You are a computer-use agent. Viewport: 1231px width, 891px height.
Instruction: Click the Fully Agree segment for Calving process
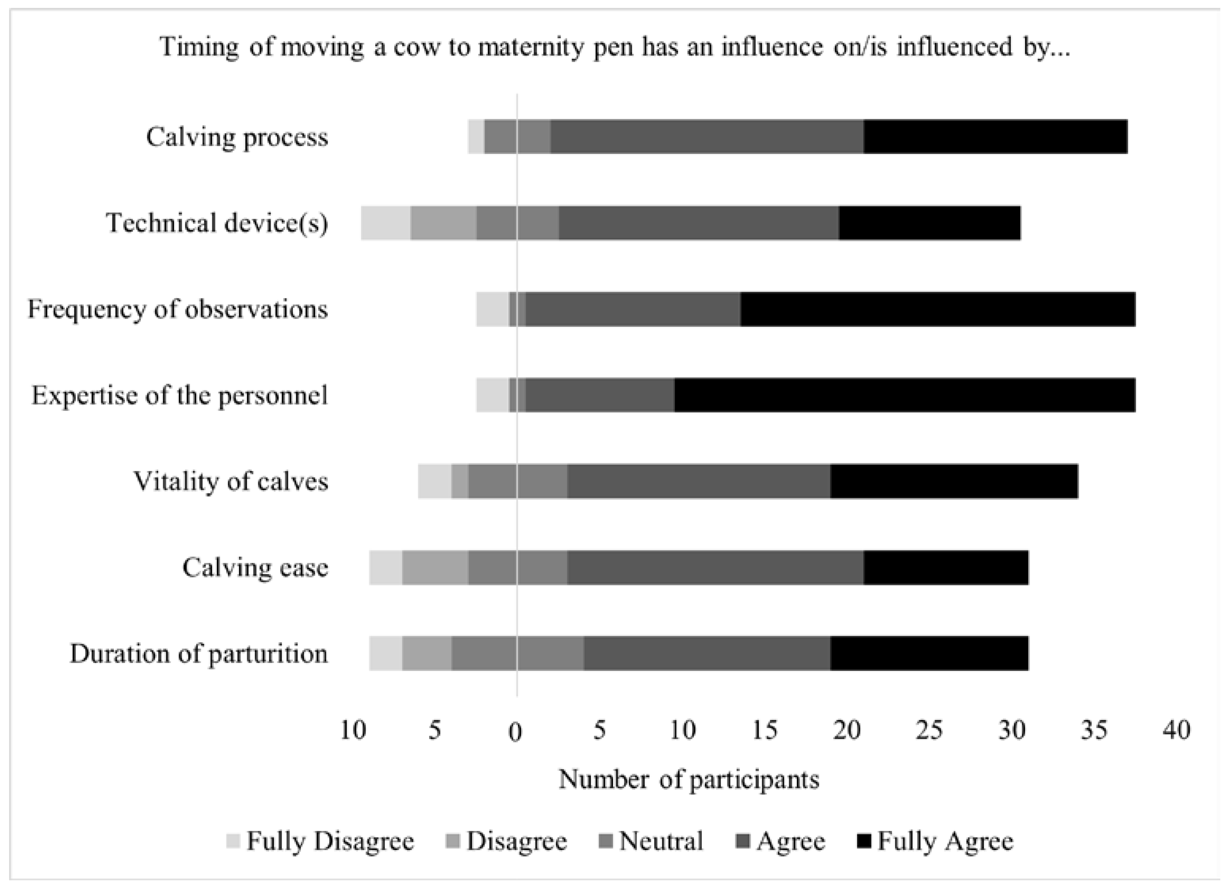click(995, 137)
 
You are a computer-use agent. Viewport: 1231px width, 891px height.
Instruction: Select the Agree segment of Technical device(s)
click(699, 223)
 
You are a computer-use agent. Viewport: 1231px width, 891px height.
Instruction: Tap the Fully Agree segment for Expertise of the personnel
click(905, 395)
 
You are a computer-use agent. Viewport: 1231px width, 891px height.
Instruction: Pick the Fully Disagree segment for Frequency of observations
click(493, 309)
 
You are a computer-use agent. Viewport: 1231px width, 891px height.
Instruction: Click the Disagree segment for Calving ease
click(435, 568)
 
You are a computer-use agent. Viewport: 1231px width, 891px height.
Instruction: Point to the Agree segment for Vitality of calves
click(699, 481)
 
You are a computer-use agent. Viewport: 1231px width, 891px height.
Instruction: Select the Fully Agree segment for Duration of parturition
click(929, 653)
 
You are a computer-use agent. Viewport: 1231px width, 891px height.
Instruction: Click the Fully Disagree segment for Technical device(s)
click(386, 223)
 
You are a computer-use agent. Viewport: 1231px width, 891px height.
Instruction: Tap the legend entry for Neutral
click(651, 841)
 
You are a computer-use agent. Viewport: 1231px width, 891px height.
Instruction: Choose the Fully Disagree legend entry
click(320, 841)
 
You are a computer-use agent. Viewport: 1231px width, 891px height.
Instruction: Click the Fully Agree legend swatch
click(865, 841)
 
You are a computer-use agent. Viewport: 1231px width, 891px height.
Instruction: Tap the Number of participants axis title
click(689, 779)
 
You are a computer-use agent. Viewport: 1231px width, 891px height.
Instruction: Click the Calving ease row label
click(255, 568)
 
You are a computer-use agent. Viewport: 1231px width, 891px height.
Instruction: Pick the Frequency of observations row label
click(178, 309)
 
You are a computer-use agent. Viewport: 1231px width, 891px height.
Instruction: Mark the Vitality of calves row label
click(231, 481)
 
